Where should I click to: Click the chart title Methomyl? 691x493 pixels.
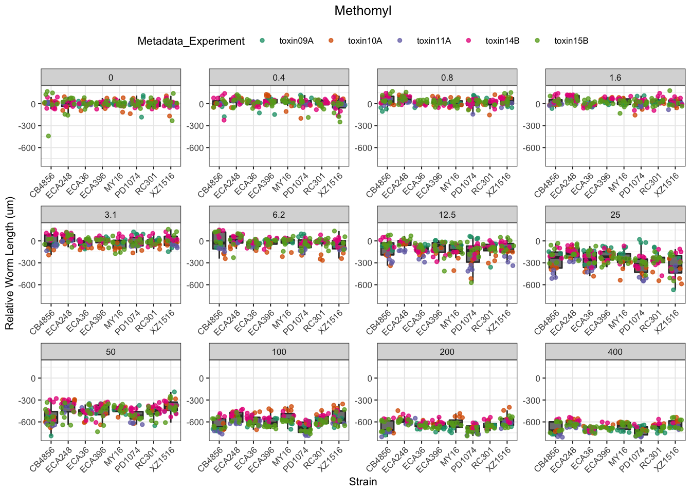tap(363, 11)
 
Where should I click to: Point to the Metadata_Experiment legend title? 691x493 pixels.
tap(191, 42)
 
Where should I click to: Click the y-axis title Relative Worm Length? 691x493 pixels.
tap(10, 263)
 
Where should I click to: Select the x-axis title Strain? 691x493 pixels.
tap(363, 482)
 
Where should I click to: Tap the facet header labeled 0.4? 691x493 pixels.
tap(279, 78)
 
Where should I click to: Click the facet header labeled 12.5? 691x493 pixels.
tap(447, 215)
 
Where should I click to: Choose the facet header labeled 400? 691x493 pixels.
tap(615, 352)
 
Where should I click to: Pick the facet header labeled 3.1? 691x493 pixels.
tap(111, 215)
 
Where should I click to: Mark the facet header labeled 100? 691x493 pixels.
tap(279, 352)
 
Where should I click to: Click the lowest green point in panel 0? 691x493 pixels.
tap(48, 136)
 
